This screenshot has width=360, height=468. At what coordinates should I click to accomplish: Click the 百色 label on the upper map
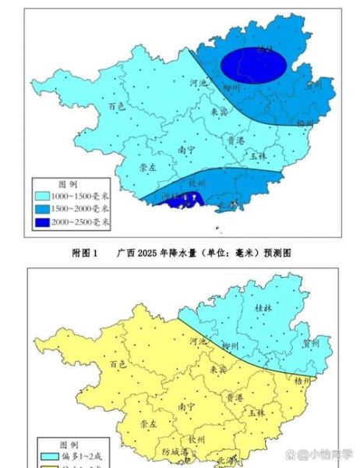coord(118,105)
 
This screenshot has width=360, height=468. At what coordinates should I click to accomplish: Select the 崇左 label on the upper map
coord(148,168)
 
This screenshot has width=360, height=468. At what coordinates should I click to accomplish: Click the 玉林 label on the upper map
coord(259,155)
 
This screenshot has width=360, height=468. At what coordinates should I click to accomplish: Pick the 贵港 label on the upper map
coord(235,140)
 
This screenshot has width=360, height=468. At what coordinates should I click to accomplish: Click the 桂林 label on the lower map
coord(265,309)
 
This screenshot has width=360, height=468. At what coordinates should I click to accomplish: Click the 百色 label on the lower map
coord(118,363)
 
